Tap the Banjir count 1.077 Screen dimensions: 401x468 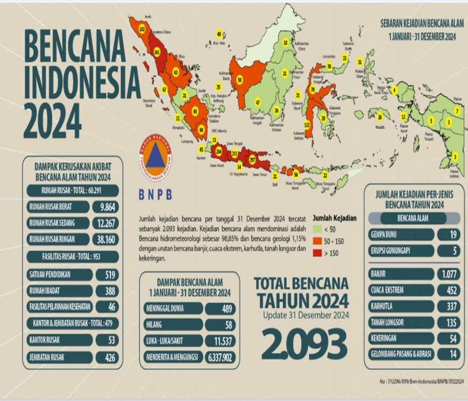(x=448, y=274)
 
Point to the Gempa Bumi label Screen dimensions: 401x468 (x=401, y=235)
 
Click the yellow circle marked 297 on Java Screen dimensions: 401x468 (x=253, y=159)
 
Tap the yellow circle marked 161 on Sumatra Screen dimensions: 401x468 (x=157, y=53)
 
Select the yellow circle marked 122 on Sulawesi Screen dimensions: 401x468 (x=307, y=125)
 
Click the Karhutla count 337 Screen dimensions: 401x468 (x=448, y=306)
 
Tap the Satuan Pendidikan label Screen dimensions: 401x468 (x=58, y=275)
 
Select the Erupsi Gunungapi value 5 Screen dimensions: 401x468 (x=448, y=251)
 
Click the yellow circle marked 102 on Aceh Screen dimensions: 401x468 (x=142, y=27)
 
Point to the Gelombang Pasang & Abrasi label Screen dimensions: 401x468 (x=401, y=354)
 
